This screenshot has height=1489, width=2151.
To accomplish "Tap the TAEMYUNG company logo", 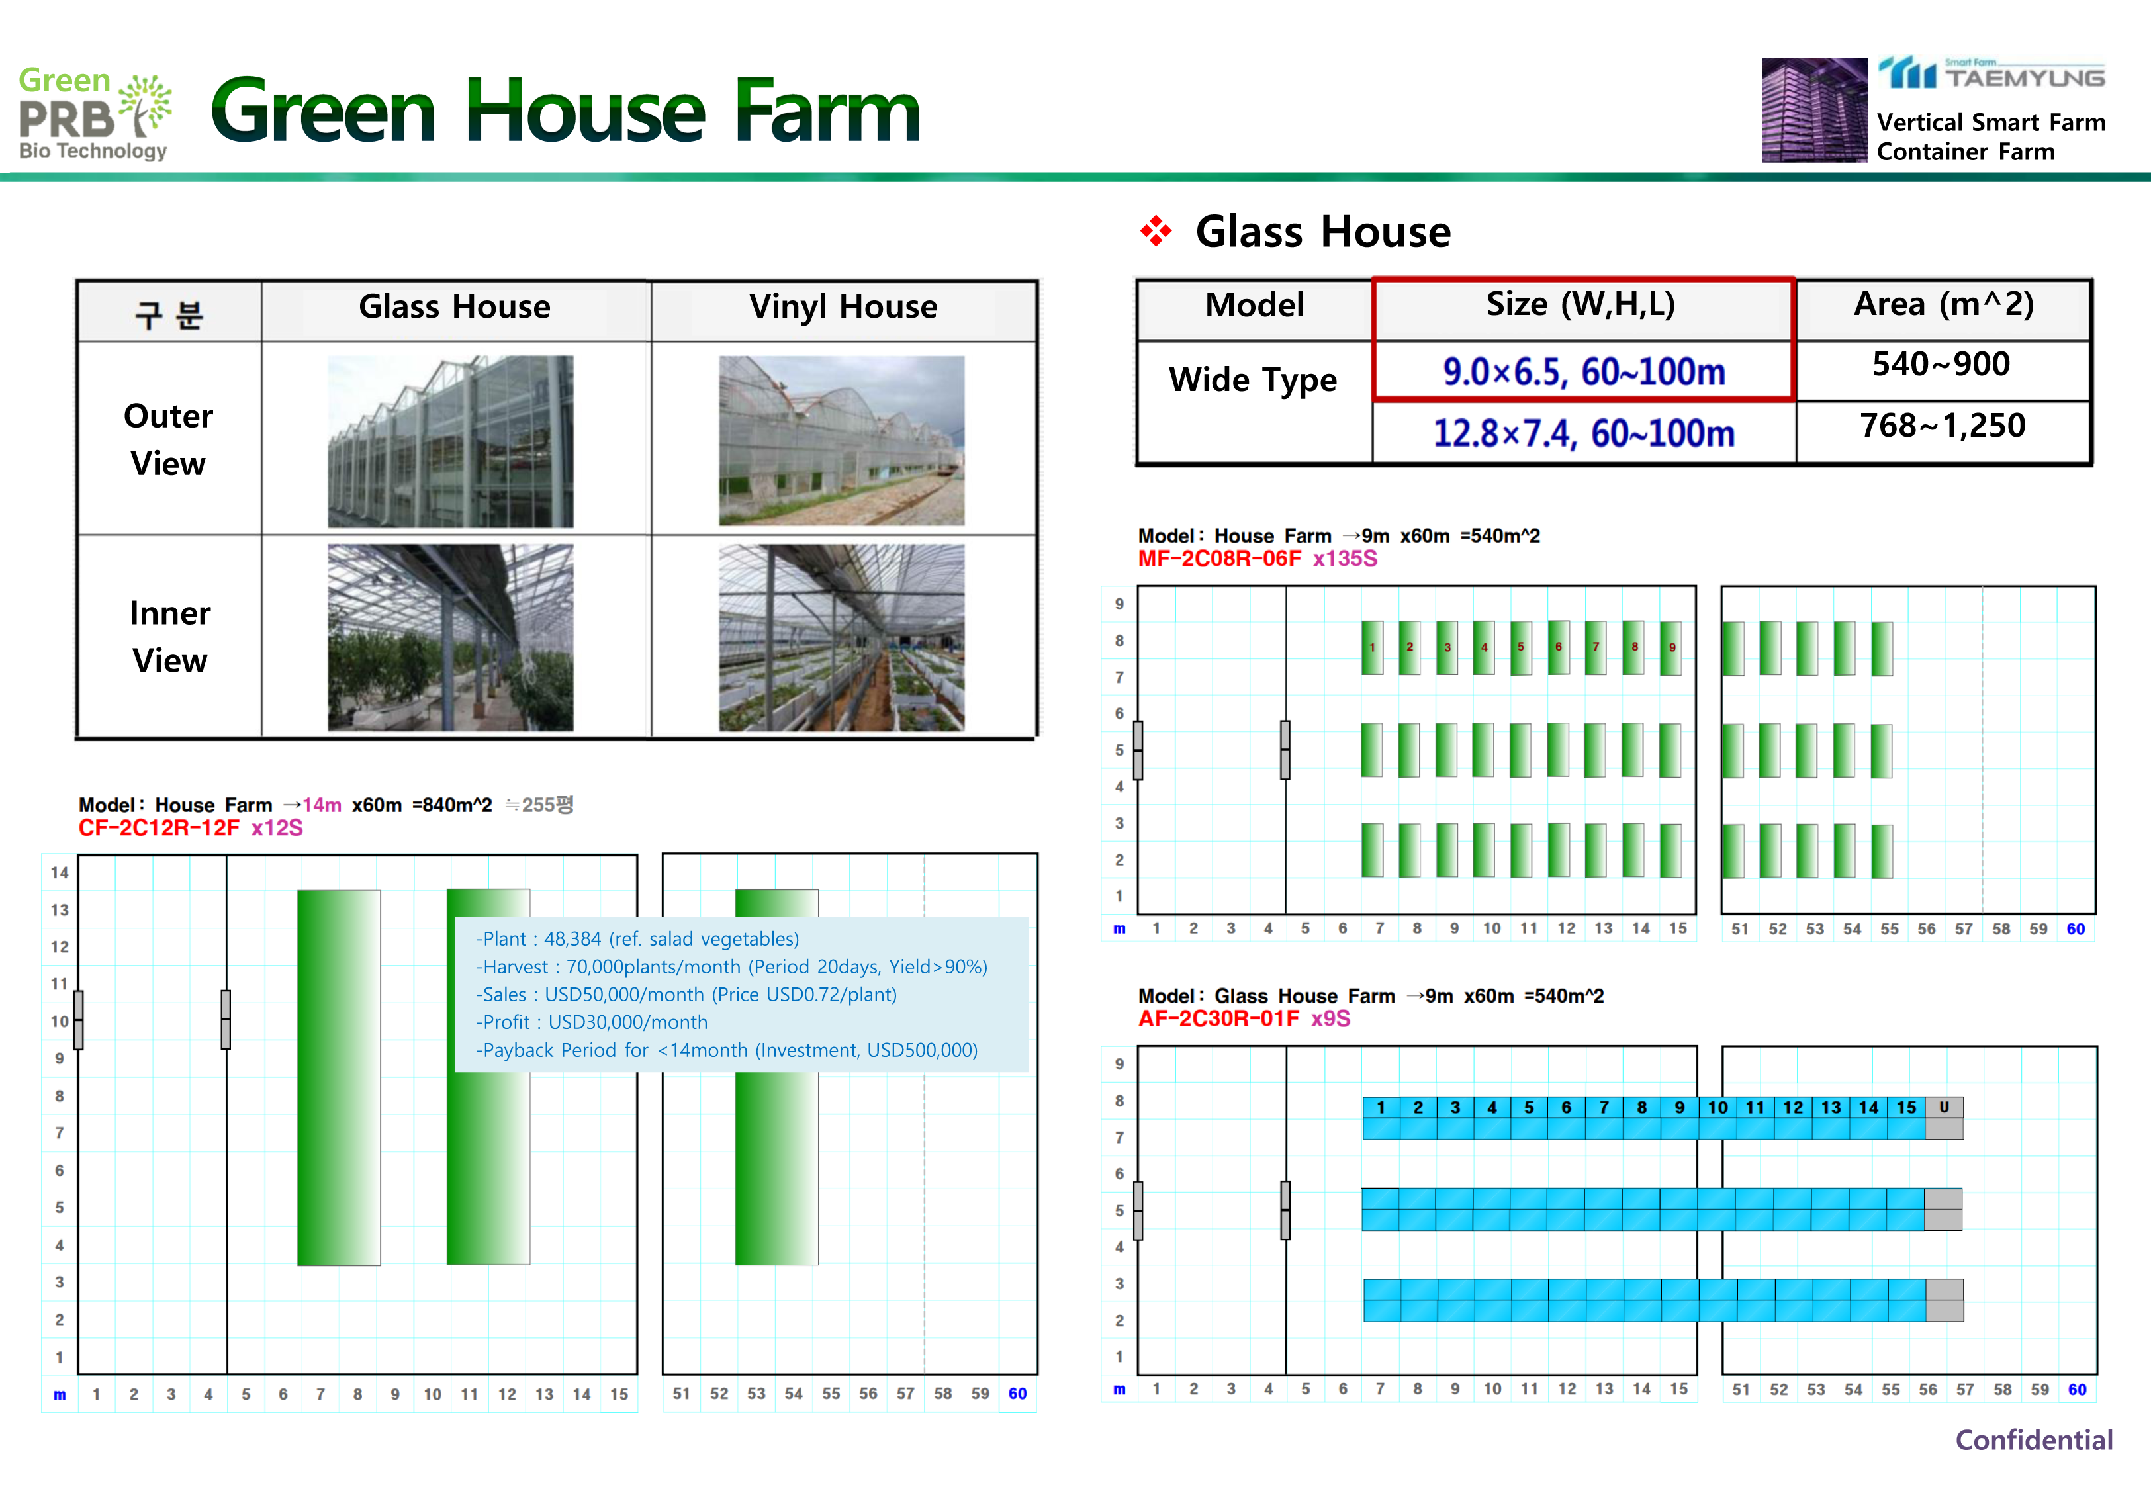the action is point(1991,73).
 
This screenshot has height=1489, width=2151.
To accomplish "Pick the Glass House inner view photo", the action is point(451,637).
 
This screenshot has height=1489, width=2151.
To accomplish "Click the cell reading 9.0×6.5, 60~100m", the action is point(1584,372).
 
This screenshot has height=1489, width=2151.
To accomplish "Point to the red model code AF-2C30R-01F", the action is point(1218,1018).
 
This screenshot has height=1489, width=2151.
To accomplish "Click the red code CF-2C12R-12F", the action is point(159,829).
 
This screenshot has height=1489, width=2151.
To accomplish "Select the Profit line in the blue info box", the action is point(592,1022).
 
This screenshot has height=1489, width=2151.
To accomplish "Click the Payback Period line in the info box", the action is point(727,1050).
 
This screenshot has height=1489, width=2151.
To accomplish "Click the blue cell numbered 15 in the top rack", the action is point(1907,1107).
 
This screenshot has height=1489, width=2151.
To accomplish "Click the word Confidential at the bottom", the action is point(2033,1441).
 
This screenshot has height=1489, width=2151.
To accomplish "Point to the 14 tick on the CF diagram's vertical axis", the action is point(60,872).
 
